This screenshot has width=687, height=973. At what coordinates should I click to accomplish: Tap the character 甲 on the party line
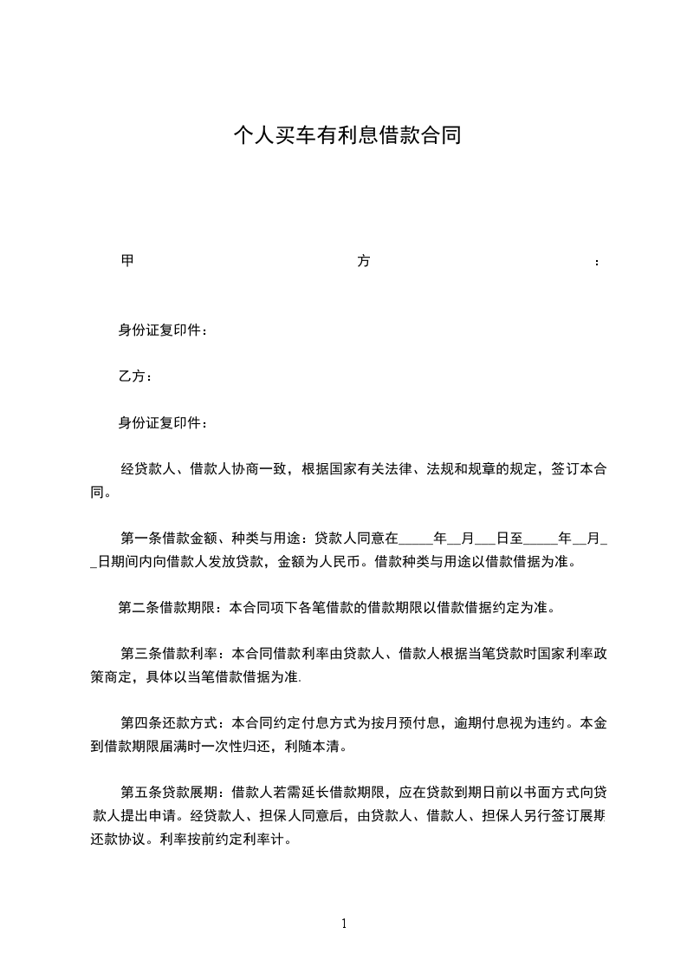point(126,260)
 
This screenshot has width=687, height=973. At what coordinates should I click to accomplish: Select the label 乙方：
point(135,376)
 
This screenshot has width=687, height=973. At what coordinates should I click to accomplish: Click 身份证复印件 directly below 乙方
point(162,423)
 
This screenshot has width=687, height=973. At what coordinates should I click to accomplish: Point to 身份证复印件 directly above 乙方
point(162,330)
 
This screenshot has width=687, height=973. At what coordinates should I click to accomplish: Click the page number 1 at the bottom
point(344,924)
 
